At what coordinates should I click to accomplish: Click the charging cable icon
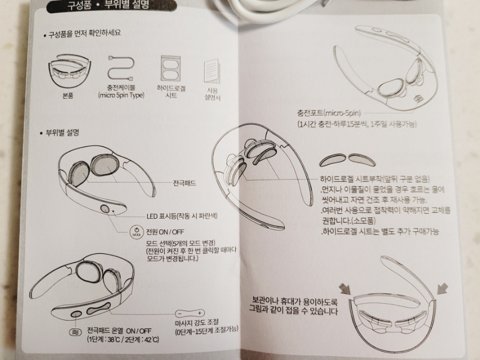121,68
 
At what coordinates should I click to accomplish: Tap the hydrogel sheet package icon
171,69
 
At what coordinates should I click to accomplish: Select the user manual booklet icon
212,71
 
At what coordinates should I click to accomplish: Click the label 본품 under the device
68,96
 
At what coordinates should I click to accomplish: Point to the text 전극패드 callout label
185,183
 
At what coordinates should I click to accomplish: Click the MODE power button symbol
137,232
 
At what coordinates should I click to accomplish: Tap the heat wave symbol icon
75,332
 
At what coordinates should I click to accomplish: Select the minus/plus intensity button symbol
190,314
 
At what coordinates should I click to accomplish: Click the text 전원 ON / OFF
165,232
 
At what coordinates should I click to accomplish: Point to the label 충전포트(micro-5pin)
329,113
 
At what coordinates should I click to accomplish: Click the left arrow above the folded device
345,289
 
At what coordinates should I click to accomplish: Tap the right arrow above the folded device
442,289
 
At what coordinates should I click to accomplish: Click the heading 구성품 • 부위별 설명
108,4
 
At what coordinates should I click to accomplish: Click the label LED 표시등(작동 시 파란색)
182,216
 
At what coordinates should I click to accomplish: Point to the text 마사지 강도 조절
197,322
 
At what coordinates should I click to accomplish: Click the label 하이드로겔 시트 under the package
171,92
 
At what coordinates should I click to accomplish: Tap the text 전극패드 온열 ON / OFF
119,331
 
